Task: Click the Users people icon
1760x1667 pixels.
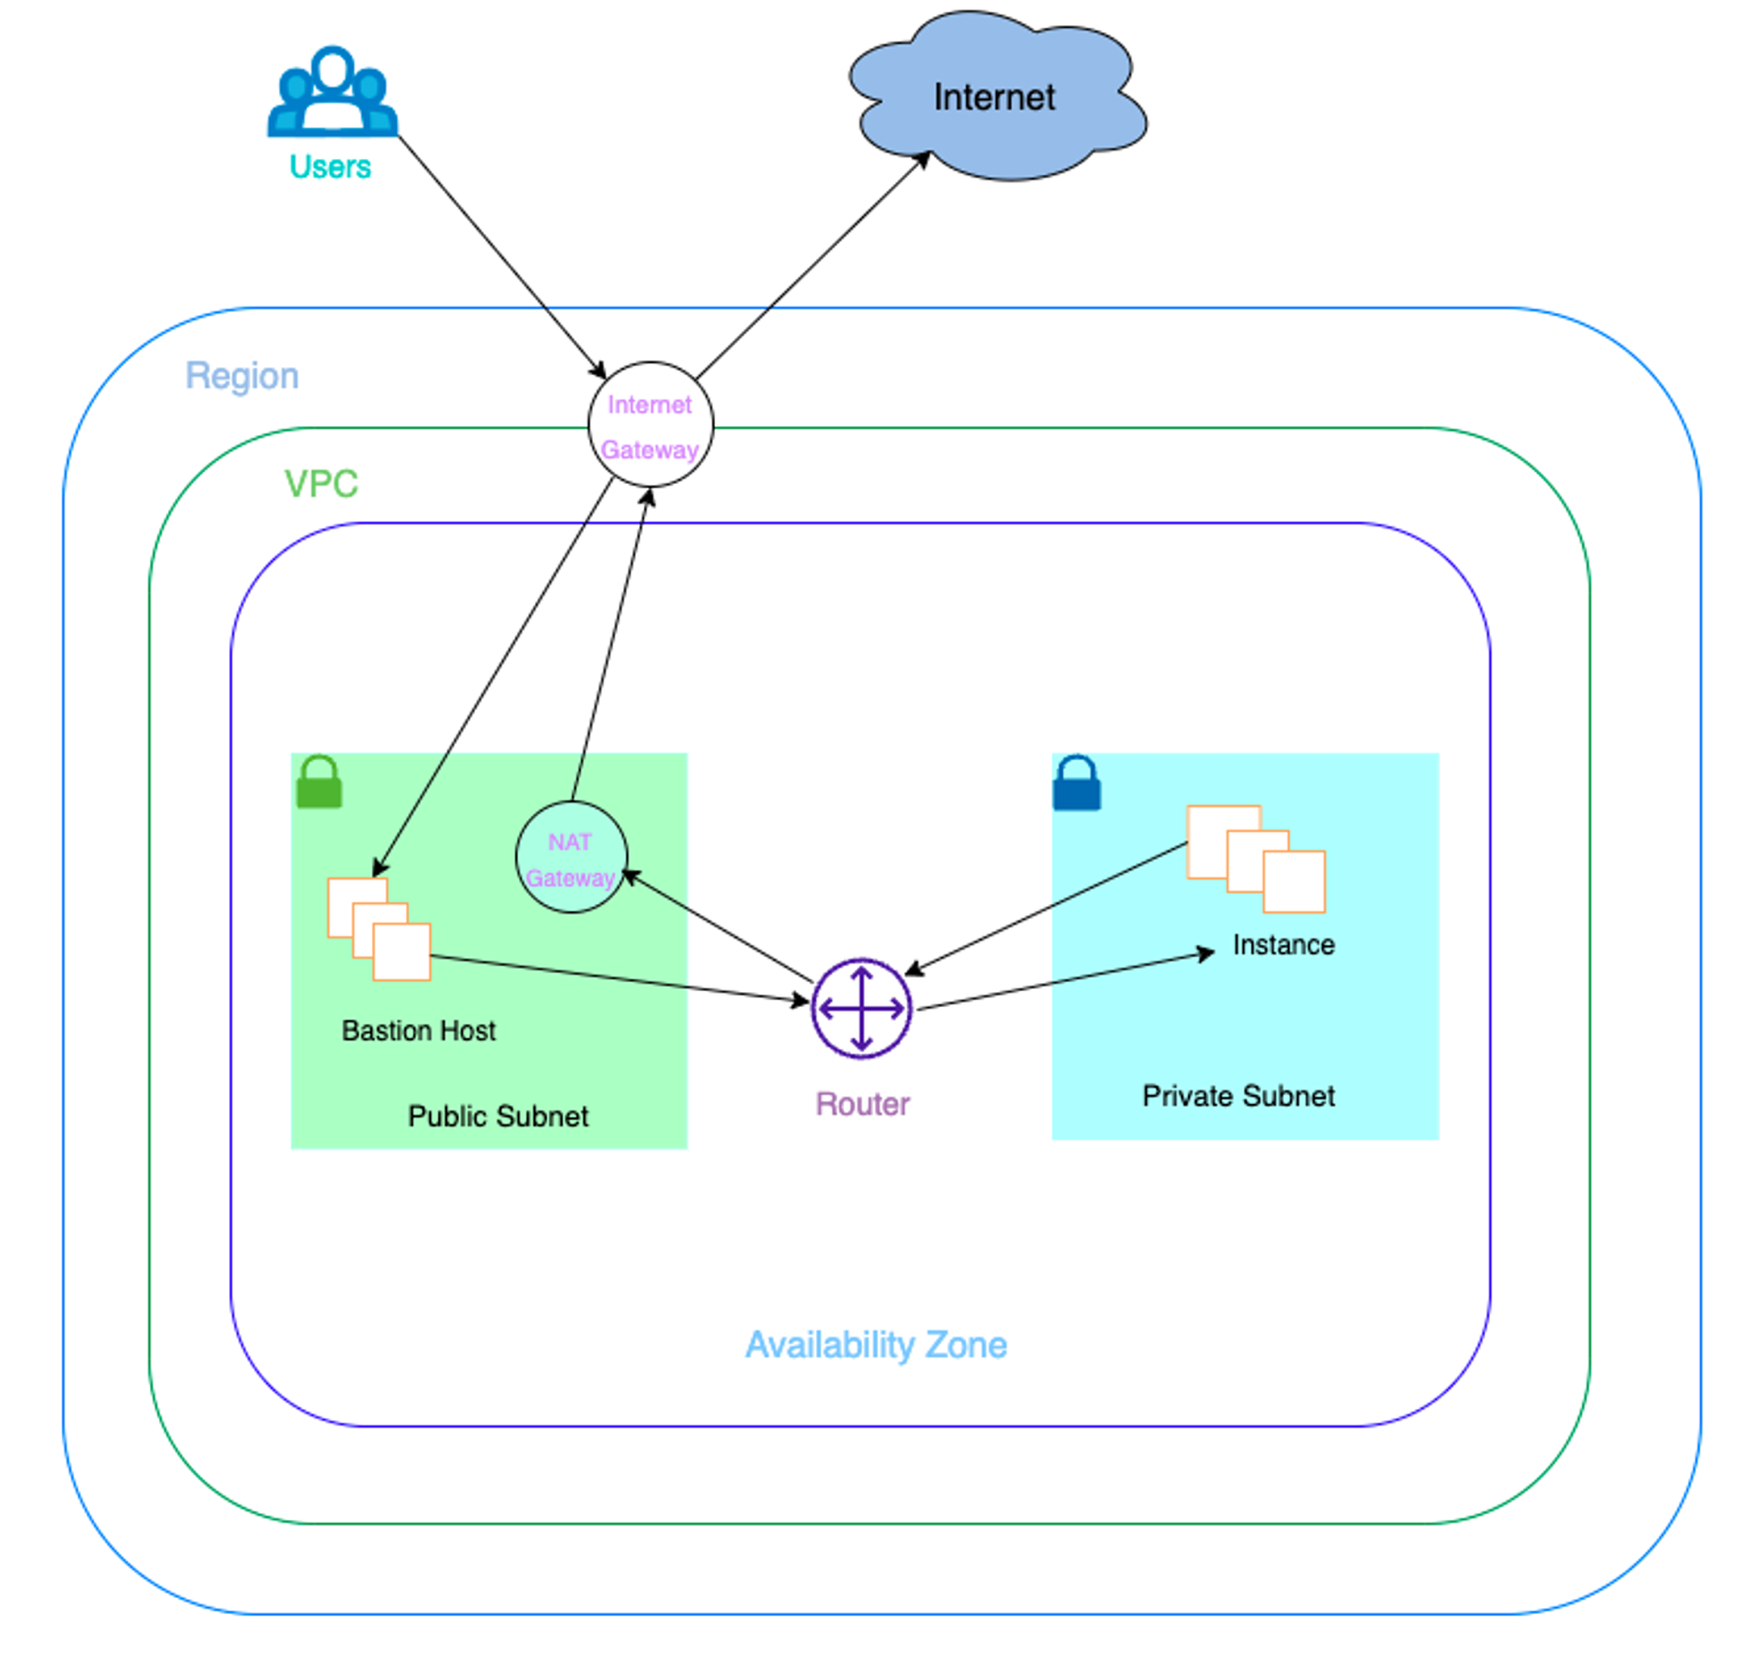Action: point(332,92)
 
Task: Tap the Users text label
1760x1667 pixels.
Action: point(330,167)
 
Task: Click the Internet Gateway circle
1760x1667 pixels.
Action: point(650,425)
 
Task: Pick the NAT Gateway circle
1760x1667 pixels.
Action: point(571,857)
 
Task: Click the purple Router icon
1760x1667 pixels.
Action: point(861,1009)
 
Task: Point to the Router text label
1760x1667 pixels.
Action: point(862,1104)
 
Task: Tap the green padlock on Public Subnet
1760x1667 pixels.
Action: point(319,782)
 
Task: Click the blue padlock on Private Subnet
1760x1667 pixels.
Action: point(1076,784)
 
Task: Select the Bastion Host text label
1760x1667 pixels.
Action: point(418,1031)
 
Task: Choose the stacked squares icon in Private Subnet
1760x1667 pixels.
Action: point(1255,859)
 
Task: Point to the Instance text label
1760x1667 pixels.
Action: point(1283,945)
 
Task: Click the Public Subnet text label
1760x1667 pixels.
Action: point(498,1117)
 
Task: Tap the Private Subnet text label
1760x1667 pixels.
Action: point(1238,1096)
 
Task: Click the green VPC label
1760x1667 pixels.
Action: point(321,485)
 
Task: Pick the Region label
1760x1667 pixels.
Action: point(242,376)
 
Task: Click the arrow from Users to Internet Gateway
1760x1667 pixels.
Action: point(501,256)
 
